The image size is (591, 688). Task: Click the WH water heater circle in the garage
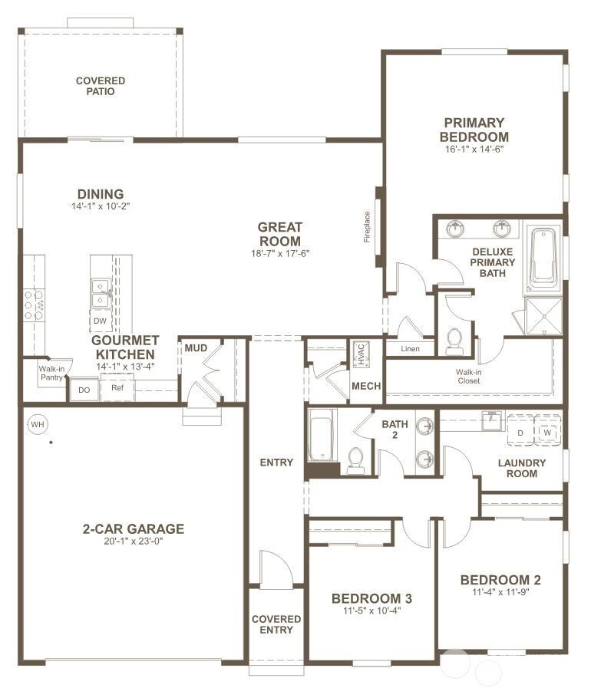tap(37, 423)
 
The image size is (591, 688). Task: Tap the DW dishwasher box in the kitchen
tap(100, 321)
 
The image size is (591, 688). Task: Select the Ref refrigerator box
tap(117, 388)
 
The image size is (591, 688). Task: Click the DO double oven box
tap(84, 390)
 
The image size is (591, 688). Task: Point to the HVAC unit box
tap(360, 354)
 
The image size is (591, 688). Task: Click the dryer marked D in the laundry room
tap(520, 433)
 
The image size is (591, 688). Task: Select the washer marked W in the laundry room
tap(547, 433)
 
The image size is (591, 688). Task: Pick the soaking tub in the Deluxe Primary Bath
tap(543, 257)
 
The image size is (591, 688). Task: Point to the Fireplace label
tap(367, 227)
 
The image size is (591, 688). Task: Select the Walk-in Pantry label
tap(51, 374)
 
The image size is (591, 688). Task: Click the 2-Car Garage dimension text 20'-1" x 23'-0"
tap(134, 541)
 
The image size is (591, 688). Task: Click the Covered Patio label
tap(101, 86)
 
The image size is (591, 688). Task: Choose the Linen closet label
tap(411, 349)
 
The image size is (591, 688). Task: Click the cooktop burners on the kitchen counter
tap(34, 304)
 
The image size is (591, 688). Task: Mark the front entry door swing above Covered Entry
tap(275, 569)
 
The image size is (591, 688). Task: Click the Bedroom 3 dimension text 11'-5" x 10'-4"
tap(366, 611)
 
